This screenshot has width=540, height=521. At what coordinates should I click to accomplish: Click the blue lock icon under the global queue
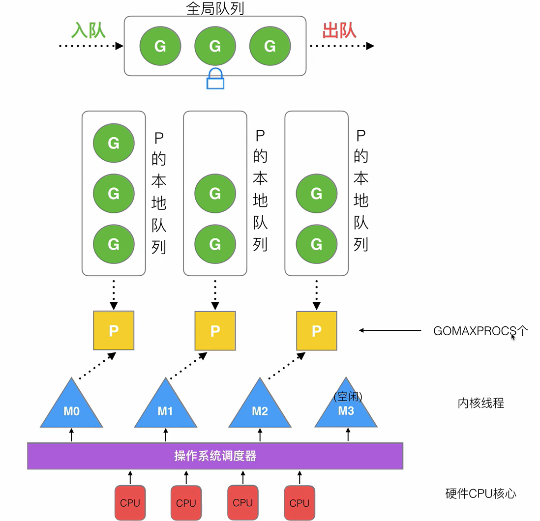tap(215, 79)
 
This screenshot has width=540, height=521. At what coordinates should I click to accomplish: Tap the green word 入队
tap(89, 30)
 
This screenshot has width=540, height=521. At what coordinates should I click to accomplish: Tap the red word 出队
tap(339, 30)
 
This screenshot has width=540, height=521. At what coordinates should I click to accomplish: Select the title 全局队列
tap(215, 8)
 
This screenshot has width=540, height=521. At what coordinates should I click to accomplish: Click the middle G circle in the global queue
tap(215, 46)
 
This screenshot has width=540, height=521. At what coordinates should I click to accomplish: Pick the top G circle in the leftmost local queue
tap(114, 143)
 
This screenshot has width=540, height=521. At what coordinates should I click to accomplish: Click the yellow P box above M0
tap(114, 330)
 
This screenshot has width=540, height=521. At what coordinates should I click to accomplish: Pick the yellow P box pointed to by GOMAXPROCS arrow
tap(317, 330)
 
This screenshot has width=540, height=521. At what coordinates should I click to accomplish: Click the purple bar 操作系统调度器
tap(215, 456)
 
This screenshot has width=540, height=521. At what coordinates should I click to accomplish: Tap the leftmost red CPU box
tap(130, 502)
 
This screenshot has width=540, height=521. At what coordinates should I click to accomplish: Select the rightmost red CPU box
tap(299, 502)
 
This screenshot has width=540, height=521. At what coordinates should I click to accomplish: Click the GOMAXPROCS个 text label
tap(480, 331)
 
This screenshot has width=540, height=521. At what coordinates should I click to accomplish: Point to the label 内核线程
tap(480, 404)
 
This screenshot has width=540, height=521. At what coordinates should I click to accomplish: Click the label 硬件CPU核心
tap(480, 493)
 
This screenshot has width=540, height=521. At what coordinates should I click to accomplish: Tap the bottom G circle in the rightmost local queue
tap(317, 244)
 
